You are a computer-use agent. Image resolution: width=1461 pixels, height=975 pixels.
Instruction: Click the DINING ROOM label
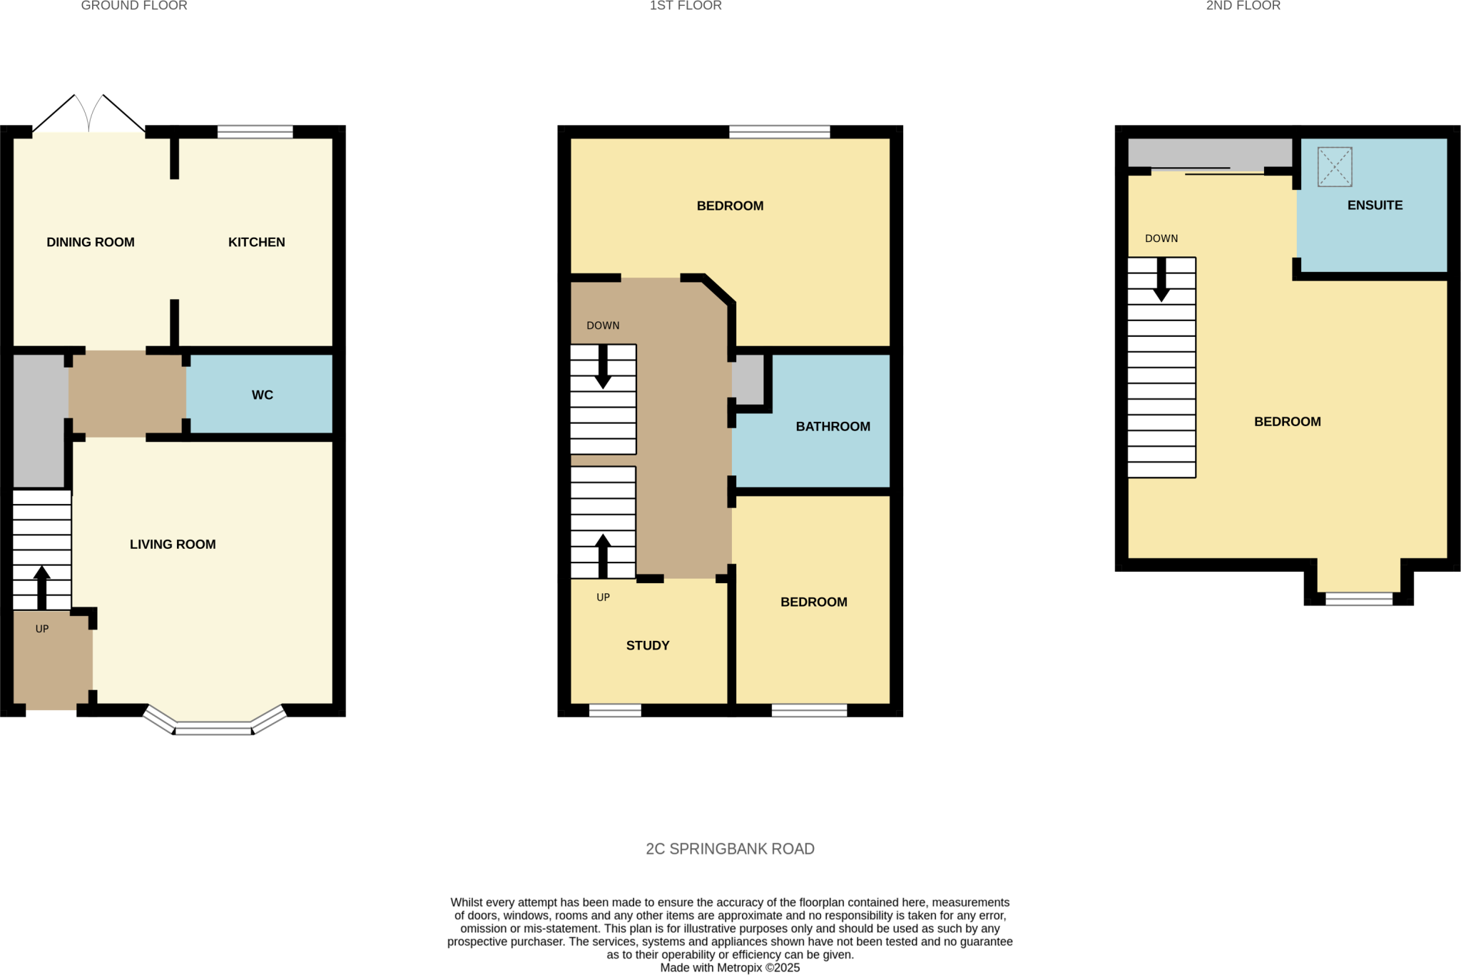(x=91, y=242)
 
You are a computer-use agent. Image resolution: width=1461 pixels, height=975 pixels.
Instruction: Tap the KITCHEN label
(x=256, y=242)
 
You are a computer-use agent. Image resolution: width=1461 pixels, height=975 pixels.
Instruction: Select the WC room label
(x=262, y=395)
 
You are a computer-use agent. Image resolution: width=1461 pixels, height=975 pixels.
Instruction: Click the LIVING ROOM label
(x=173, y=544)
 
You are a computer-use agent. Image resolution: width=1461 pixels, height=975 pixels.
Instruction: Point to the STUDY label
(x=647, y=645)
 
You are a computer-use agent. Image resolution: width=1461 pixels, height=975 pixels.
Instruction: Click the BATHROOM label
(x=833, y=426)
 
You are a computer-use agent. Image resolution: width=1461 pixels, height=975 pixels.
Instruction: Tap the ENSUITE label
(x=1374, y=205)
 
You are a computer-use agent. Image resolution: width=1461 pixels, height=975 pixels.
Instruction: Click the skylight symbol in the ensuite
(x=1334, y=166)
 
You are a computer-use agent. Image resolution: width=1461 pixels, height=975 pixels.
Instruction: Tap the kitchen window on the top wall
(x=255, y=131)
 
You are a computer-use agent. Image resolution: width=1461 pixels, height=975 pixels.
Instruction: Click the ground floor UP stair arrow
(x=42, y=587)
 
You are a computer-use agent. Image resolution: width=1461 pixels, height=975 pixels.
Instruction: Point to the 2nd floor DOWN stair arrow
(x=1161, y=279)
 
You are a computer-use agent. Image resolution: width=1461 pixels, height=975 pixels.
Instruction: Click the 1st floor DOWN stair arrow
(x=603, y=366)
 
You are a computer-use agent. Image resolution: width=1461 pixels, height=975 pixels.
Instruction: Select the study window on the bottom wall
(x=614, y=710)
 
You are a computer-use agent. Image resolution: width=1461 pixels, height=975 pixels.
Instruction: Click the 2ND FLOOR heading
(x=1243, y=6)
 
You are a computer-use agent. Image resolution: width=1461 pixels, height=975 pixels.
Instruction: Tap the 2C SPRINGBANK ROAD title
(x=730, y=849)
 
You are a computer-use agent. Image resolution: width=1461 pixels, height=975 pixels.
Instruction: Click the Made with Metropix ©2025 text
(x=730, y=968)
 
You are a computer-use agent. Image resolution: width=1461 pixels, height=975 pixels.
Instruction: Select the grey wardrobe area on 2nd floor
(x=1209, y=153)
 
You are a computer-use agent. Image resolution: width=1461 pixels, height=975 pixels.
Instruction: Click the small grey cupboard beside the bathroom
(x=748, y=380)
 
